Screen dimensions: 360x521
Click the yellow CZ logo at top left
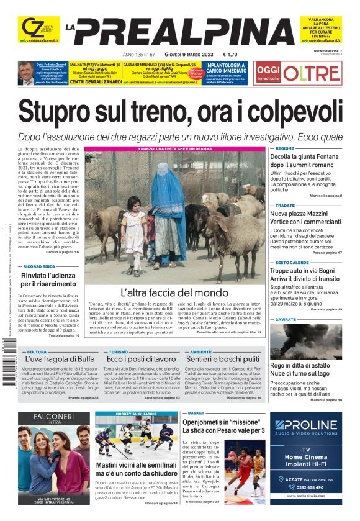31,28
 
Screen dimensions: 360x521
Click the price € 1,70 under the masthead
233,53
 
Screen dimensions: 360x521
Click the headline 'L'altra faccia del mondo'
174,292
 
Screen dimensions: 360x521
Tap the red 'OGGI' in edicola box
269,71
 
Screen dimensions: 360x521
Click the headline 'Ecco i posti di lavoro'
142,359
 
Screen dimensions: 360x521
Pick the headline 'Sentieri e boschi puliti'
222,359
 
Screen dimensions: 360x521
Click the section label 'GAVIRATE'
286,319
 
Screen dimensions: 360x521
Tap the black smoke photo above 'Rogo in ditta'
305,341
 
